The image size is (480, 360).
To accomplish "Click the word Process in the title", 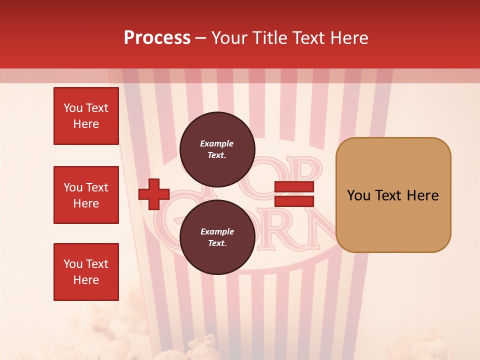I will click(x=157, y=37).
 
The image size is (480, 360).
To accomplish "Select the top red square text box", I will click(x=86, y=116).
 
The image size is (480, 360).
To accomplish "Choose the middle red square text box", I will click(x=86, y=195).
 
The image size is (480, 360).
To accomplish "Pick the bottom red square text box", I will click(x=86, y=272).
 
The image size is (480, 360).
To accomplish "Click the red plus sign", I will click(x=154, y=194).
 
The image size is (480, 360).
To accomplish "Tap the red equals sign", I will click(x=294, y=194).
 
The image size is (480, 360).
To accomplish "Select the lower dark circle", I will click(x=217, y=237).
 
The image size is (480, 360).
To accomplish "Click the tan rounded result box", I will click(x=393, y=195).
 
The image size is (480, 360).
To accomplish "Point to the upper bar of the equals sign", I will click(x=294, y=186).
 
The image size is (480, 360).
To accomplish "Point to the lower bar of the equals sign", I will click(x=294, y=201).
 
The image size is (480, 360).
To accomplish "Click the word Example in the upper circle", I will click(x=217, y=143).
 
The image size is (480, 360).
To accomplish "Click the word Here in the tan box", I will click(x=422, y=195).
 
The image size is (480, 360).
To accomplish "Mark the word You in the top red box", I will click(x=73, y=108).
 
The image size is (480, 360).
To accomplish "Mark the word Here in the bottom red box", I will click(x=86, y=280).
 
